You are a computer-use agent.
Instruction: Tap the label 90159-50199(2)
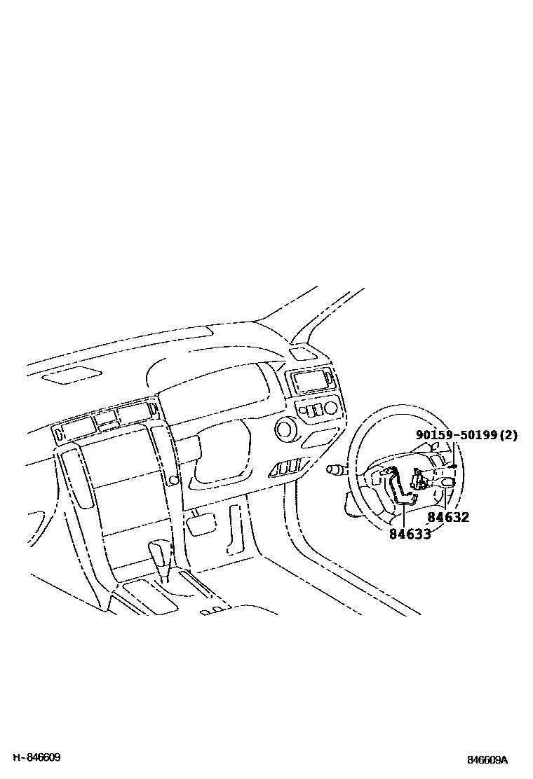(x=466, y=435)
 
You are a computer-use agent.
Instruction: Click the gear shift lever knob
(x=161, y=550)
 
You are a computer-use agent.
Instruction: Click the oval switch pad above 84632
(x=447, y=483)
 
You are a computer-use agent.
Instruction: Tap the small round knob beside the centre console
(x=173, y=479)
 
